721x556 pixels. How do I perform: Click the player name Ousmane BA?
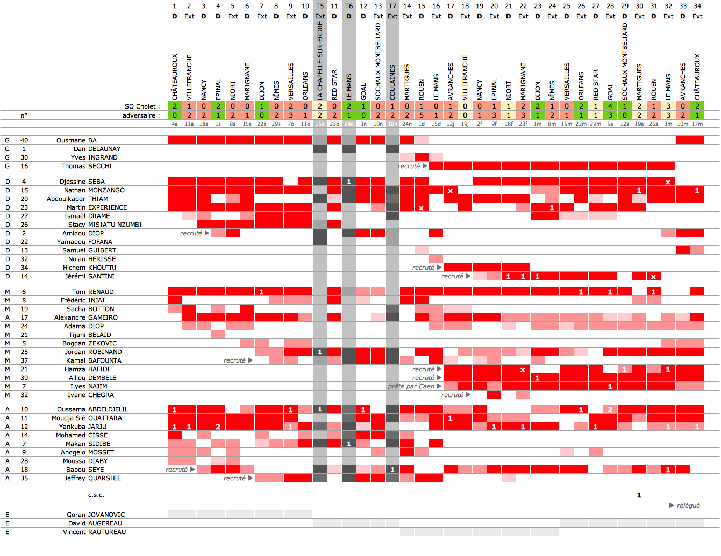click(x=76, y=140)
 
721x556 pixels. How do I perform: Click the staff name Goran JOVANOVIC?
click(x=96, y=515)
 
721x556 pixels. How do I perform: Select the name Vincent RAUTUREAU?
click(x=94, y=532)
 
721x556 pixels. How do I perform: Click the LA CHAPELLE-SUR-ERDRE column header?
click(x=320, y=61)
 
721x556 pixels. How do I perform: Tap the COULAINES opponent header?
click(x=392, y=82)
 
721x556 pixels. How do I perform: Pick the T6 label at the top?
click(x=349, y=6)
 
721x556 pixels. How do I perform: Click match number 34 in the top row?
click(x=697, y=6)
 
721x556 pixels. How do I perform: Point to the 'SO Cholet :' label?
click(x=142, y=106)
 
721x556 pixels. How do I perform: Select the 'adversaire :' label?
click(x=141, y=115)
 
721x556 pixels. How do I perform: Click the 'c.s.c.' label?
click(x=96, y=495)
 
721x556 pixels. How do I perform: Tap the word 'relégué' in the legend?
click(x=688, y=506)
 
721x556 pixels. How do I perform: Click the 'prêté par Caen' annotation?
click(x=411, y=386)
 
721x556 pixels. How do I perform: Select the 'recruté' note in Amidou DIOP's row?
click(x=191, y=233)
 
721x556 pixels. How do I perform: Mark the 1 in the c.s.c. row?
click(x=639, y=495)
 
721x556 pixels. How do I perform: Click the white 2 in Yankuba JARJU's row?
click(x=218, y=427)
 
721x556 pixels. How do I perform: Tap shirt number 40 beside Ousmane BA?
click(x=24, y=140)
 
